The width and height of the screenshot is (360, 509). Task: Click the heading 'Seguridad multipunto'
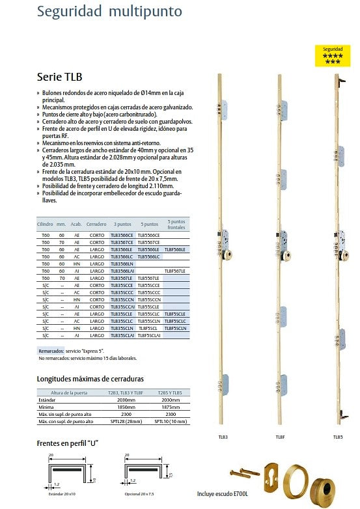110,11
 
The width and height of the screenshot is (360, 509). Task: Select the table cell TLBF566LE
175,249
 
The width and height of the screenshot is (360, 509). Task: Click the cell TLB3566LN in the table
122,264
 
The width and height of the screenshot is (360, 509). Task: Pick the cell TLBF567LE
175,271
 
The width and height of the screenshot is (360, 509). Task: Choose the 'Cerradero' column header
96,224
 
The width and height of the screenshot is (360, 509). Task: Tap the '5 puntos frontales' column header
176,224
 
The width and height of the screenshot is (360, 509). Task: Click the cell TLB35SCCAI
122,306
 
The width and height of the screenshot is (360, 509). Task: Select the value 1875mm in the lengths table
171,406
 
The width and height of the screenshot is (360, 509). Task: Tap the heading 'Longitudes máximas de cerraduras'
90,379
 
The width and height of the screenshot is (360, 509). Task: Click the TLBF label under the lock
279,437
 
